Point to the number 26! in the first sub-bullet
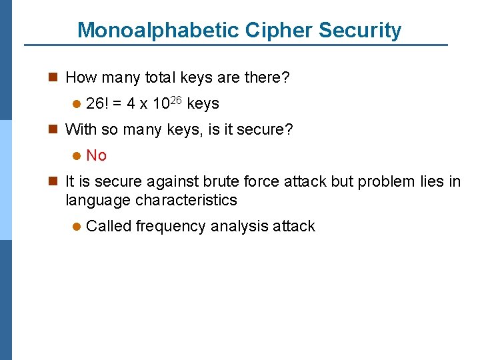pyautogui.click(x=99, y=104)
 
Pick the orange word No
pyautogui.click(x=97, y=155)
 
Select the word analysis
pyautogui.click(x=240, y=226)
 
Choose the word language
pyautogui.click(x=98, y=200)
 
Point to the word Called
pyautogui.click(x=109, y=226)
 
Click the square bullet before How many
pyautogui.click(x=55, y=78)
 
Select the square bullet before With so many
pyautogui.click(x=55, y=129)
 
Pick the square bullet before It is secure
pyautogui.click(x=55, y=181)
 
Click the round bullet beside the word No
pyautogui.click(x=77, y=156)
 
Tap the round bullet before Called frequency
pyautogui.click(x=77, y=227)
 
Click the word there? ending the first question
pyautogui.click(x=267, y=78)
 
